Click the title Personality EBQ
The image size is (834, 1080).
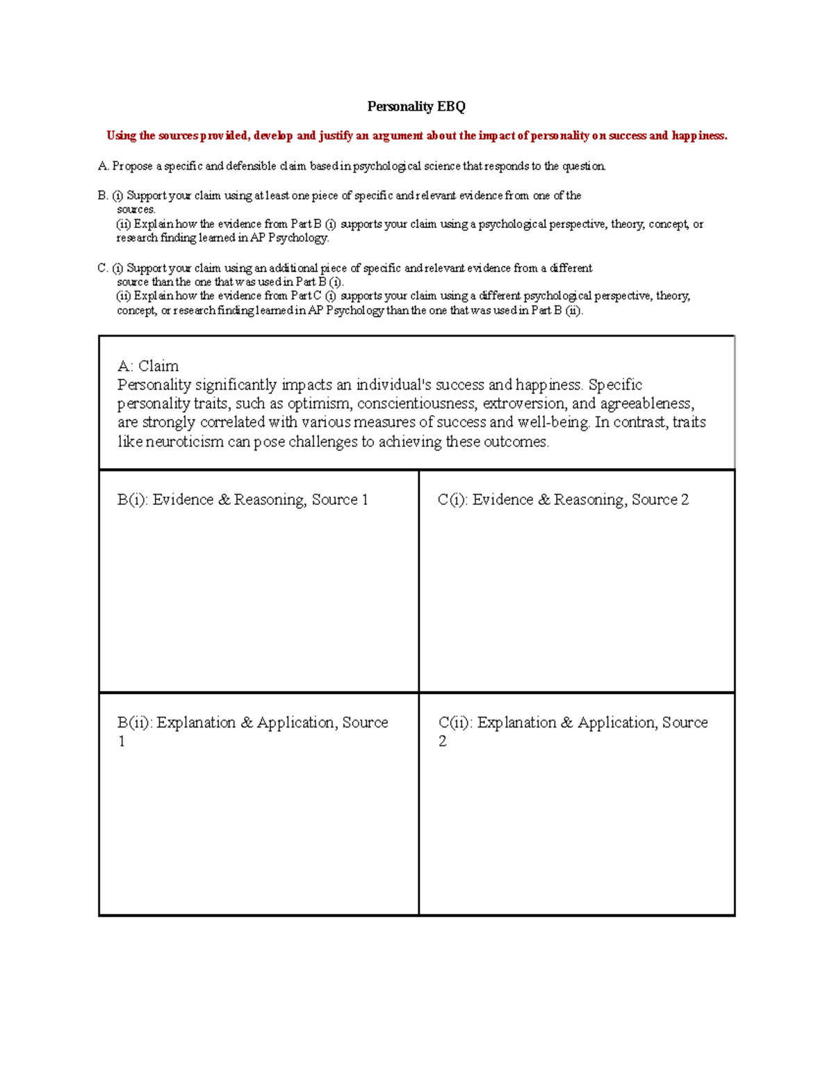tap(416, 106)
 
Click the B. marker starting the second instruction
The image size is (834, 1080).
tap(103, 196)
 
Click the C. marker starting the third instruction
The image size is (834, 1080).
tap(103, 268)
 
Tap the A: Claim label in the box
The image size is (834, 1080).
tap(148, 366)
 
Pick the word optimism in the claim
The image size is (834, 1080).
tap(319, 403)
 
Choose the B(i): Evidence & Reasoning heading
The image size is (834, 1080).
tap(243, 499)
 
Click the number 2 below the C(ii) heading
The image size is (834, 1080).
tap(443, 741)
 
